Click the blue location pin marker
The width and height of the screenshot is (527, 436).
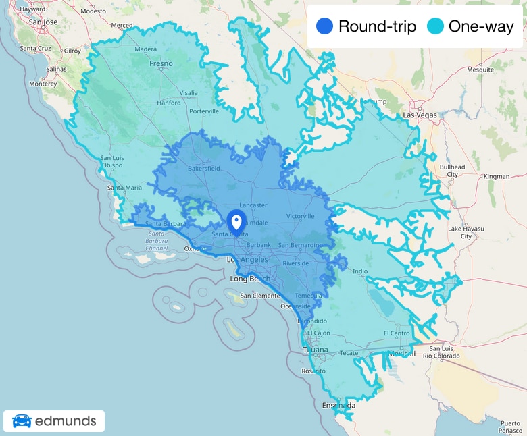(236, 221)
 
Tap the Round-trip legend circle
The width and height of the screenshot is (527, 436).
(325, 27)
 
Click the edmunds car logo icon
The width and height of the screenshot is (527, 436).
(22, 422)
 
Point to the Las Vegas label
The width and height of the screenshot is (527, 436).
(420, 115)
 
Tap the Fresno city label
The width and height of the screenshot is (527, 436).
(161, 64)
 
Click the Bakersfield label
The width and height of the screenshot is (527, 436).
(203, 168)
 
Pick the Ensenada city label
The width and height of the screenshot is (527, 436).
(338, 405)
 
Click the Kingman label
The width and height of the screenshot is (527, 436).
(497, 176)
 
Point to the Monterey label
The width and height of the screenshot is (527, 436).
(42, 84)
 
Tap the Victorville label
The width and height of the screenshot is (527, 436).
(301, 216)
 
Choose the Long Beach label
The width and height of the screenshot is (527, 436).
(250, 279)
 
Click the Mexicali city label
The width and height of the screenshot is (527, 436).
(401, 353)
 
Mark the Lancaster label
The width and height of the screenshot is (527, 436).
(253, 205)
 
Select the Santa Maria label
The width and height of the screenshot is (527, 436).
(125, 188)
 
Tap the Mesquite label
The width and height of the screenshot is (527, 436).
(480, 70)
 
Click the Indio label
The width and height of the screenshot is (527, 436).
(360, 271)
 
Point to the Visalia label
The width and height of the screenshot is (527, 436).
(189, 93)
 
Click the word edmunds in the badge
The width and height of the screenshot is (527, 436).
(66, 422)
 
